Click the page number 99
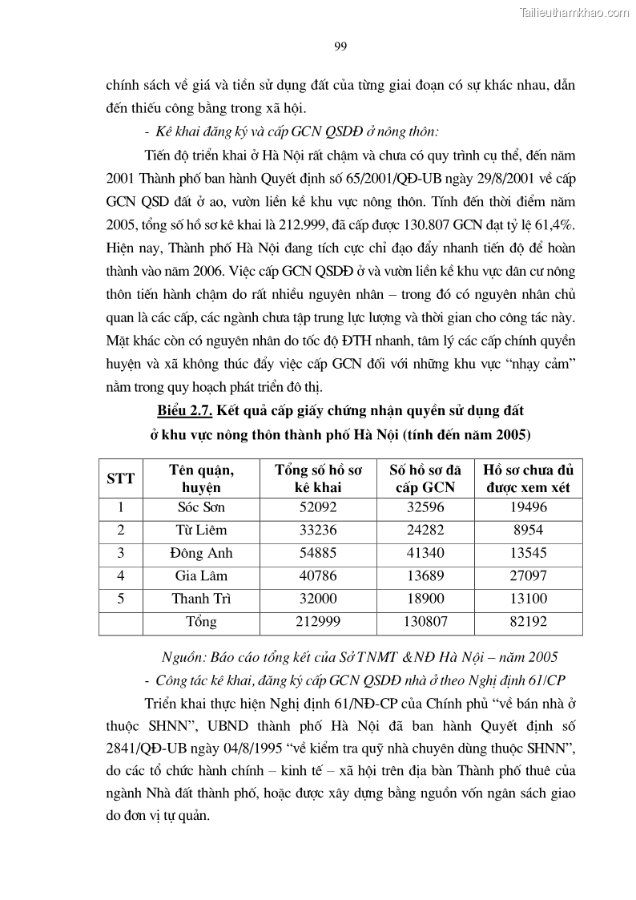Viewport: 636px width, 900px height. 340,46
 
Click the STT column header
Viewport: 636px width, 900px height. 120,478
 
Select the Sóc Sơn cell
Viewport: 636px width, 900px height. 201,507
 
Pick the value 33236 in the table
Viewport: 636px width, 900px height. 307,530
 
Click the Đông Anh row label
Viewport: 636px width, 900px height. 201,553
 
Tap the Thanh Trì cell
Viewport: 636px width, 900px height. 201,599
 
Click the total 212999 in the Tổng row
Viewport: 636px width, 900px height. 307,622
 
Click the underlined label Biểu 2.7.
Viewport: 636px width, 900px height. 185,411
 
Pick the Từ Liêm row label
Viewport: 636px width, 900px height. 201,530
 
